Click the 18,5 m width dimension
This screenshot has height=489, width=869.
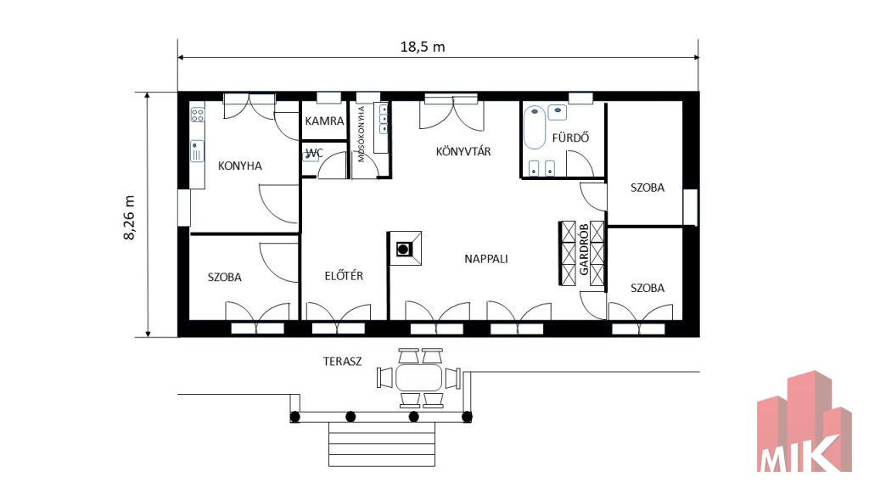423,47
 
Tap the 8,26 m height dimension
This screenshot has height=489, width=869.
129,217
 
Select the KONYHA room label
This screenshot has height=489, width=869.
239,166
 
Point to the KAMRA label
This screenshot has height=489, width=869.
324,121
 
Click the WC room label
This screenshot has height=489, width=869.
314,153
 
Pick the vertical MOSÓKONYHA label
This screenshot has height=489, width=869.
362,134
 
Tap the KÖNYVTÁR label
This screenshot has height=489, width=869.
463,151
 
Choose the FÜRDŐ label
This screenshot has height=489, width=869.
570,138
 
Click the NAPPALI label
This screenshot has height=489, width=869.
486,259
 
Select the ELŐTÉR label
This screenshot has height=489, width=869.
344,276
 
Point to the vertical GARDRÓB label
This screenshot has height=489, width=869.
584,250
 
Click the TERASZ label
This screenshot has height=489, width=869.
343,362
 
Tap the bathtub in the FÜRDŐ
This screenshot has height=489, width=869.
535,127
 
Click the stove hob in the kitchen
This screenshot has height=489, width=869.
197,115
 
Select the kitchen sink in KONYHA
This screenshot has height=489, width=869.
197,151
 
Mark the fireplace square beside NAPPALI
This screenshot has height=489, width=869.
405,249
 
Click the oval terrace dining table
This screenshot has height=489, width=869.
419,378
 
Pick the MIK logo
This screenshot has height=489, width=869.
805,422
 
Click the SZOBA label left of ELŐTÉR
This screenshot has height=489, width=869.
224,278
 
